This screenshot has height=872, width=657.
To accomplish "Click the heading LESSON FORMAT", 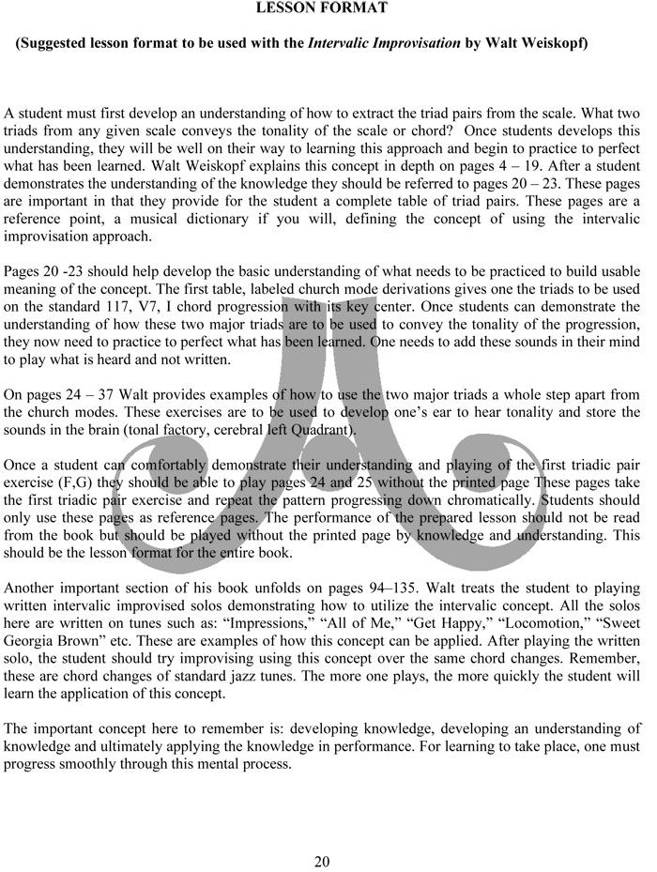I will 322,8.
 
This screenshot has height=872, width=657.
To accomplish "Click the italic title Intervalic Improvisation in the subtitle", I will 380,43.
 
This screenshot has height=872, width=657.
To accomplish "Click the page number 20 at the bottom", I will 322,862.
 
